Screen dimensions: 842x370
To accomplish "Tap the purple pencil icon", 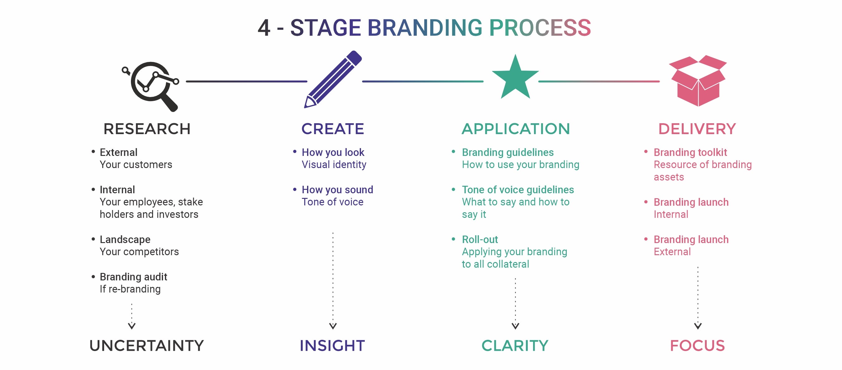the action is tap(333, 79).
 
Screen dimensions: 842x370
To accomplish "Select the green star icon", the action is tap(515, 77).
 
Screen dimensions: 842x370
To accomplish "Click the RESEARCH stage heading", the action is tap(147, 129).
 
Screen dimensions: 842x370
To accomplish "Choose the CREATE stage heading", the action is tap(333, 129).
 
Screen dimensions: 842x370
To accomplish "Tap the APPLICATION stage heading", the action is tap(516, 129).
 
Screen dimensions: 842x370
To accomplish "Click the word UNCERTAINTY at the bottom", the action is tap(147, 345).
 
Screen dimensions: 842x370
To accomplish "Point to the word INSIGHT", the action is tap(332, 345).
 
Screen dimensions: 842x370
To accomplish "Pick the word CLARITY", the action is tap(515, 345).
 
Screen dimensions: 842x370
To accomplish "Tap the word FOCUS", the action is tap(698, 345).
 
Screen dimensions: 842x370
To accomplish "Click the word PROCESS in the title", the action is tap(540, 27).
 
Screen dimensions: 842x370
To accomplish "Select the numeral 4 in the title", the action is tap(264, 28).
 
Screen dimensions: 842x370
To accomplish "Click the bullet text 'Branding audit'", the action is tap(133, 277).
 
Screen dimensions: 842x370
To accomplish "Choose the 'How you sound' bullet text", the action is tap(337, 190).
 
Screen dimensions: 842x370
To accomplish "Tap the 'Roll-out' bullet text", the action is tap(480, 240).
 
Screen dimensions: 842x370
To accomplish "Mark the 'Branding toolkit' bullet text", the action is tap(690, 152).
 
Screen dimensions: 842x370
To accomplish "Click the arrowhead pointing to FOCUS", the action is tap(698, 326).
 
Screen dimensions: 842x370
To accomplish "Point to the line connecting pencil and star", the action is tap(423, 81).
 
